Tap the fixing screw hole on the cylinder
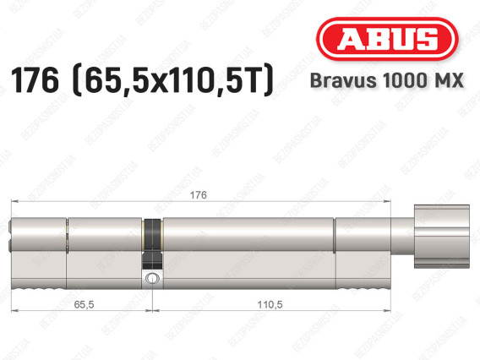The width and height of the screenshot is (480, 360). (x=151, y=277)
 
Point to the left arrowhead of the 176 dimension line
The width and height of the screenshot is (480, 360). (x=15, y=202)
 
